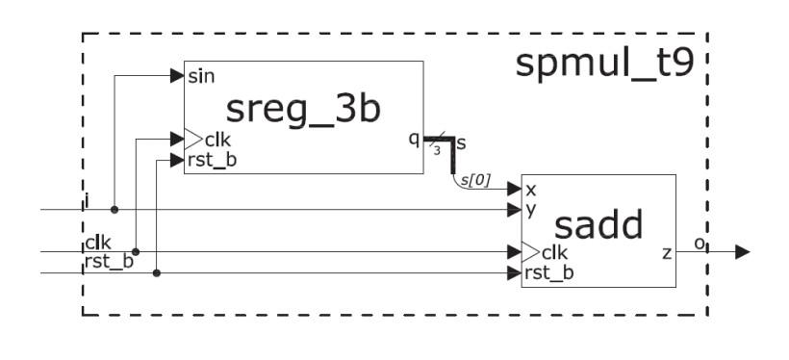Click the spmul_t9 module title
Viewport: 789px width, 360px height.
[x=604, y=64]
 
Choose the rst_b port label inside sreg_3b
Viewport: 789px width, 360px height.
[x=211, y=160]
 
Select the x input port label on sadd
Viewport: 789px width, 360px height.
[x=530, y=190]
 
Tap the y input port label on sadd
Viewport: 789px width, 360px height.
[x=530, y=209]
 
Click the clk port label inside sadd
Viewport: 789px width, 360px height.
[x=553, y=253]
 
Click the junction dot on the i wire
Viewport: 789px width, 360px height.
[x=115, y=209]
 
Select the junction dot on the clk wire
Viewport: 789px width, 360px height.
[x=136, y=252]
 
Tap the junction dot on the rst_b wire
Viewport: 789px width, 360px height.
[x=156, y=273]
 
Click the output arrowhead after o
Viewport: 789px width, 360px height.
[x=742, y=252]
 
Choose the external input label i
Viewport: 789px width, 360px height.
[x=87, y=200]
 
